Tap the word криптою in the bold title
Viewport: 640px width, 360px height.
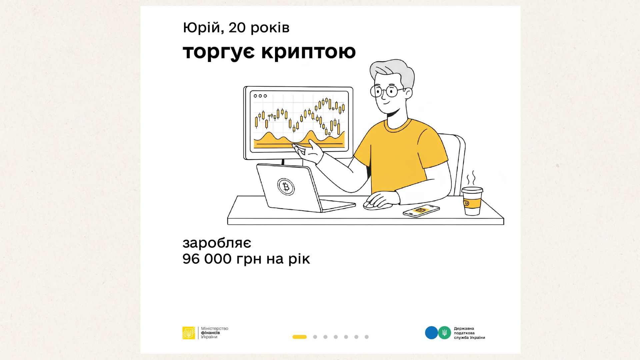tap(309, 52)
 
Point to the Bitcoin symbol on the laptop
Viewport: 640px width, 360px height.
tap(286, 187)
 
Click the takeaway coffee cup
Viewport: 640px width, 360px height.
tap(472, 201)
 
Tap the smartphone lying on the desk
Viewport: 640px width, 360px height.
tap(421, 211)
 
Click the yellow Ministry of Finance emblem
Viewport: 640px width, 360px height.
tap(189, 333)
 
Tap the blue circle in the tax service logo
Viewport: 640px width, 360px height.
tap(431, 333)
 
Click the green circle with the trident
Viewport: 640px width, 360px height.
tap(444, 333)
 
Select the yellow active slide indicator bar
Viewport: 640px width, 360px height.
tap(299, 337)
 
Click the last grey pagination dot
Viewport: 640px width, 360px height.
tap(367, 337)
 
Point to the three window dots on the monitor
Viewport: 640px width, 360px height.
tap(260, 96)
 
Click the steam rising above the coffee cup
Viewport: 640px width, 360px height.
tap(471, 179)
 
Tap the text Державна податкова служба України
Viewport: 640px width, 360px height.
tap(469, 333)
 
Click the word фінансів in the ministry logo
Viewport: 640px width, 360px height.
tap(210, 333)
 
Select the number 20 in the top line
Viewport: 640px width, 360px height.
tap(237, 28)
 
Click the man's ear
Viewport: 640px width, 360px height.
tap(408, 93)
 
